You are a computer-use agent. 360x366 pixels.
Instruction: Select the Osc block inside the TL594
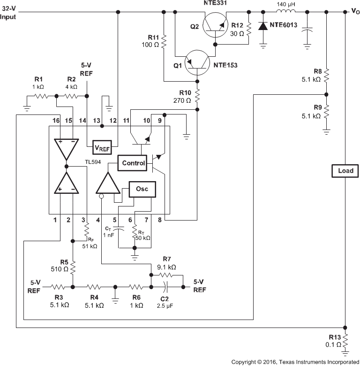tap(142, 189)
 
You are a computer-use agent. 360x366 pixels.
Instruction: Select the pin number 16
tap(56, 121)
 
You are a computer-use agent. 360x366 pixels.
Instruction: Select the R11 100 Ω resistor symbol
tap(164, 44)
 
